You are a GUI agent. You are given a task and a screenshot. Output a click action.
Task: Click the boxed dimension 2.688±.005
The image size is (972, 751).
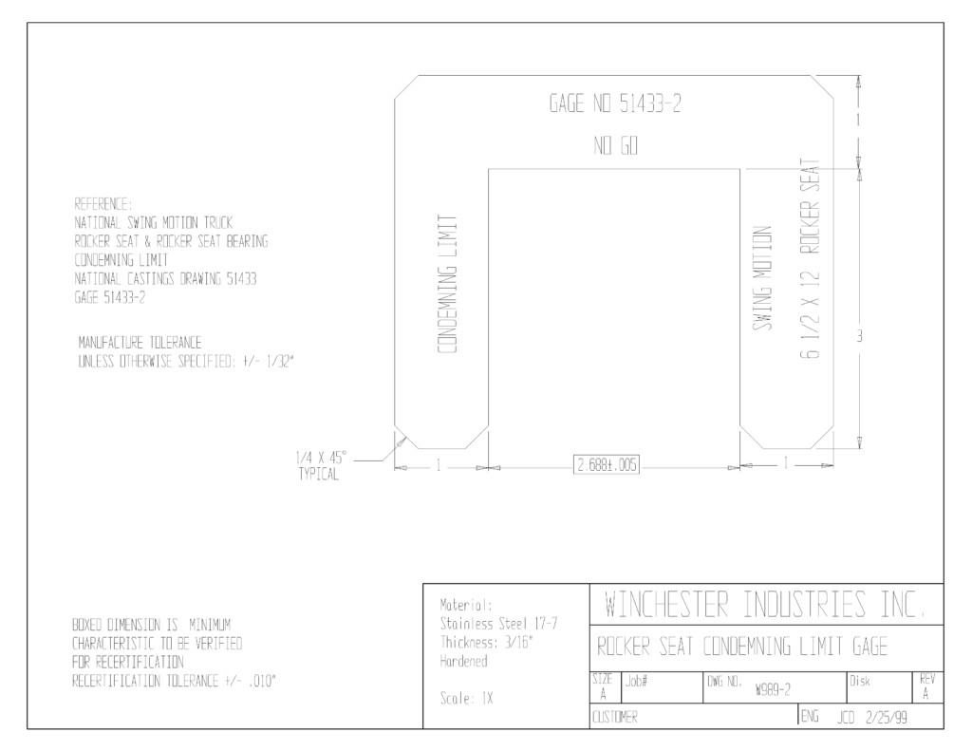tap(607, 465)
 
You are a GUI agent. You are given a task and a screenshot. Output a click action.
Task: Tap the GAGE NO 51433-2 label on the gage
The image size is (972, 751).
tap(615, 103)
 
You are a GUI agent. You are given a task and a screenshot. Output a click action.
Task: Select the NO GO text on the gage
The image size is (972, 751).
tap(615, 146)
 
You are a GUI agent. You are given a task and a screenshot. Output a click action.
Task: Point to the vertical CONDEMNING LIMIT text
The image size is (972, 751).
tap(448, 285)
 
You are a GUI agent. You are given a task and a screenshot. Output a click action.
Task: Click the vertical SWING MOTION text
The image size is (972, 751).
tap(762, 278)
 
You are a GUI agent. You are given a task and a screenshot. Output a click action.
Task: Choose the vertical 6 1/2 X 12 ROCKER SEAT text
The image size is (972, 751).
tap(810, 259)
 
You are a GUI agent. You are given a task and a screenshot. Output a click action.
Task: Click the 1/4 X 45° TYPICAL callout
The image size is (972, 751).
tap(321, 466)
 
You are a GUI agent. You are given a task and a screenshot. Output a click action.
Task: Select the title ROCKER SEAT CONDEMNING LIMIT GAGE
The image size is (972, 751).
tap(742, 648)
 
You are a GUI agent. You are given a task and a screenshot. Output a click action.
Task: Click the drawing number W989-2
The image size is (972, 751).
tap(773, 690)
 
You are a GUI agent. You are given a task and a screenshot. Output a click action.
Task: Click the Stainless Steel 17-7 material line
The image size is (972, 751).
tap(499, 624)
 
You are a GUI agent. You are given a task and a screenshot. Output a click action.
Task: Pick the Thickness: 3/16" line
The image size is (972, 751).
tap(487, 643)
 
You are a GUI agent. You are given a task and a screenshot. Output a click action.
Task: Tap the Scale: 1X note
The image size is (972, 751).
tap(466, 699)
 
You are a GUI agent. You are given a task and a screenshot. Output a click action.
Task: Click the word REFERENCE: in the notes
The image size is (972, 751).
tap(103, 204)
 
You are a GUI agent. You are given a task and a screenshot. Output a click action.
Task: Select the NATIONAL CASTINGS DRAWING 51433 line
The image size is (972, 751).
tap(165, 279)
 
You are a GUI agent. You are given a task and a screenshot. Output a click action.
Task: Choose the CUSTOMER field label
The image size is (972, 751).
tap(615, 718)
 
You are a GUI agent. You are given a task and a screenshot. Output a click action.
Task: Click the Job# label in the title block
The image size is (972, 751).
tap(637, 682)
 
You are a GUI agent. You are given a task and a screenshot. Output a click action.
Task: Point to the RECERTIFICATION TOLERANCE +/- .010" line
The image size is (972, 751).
tap(175, 681)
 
